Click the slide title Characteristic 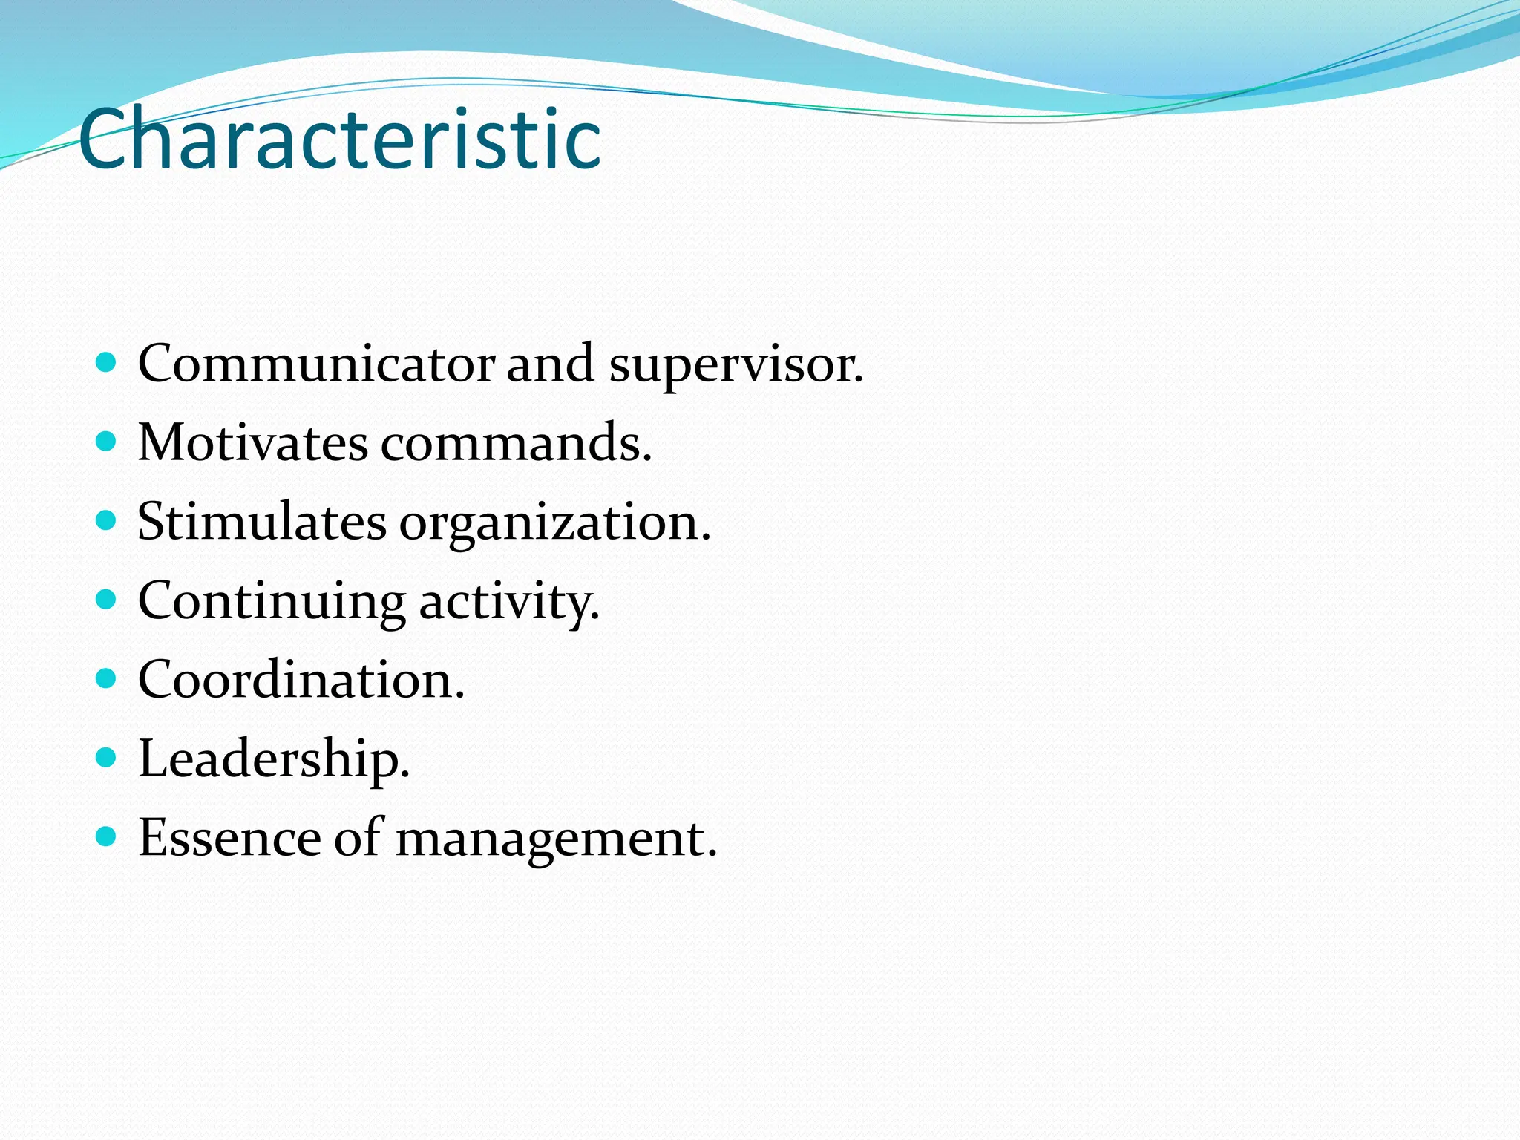click(x=339, y=140)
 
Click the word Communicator click(x=316, y=364)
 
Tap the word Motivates click(x=253, y=443)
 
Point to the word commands click(x=516, y=444)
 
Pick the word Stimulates click(x=262, y=522)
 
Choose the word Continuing click(x=272, y=602)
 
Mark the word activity click(x=509, y=602)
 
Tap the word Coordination click(x=301, y=680)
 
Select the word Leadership click(x=274, y=759)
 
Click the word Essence click(x=229, y=838)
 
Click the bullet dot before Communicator click(x=107, y=363)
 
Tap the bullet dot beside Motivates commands click(x=107, y=442)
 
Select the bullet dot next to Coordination click(x=107, y=678)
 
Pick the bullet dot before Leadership click(x=107, y=758)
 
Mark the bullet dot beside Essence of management click(x=107, y=837)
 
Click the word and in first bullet click(x=550, y=364)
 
